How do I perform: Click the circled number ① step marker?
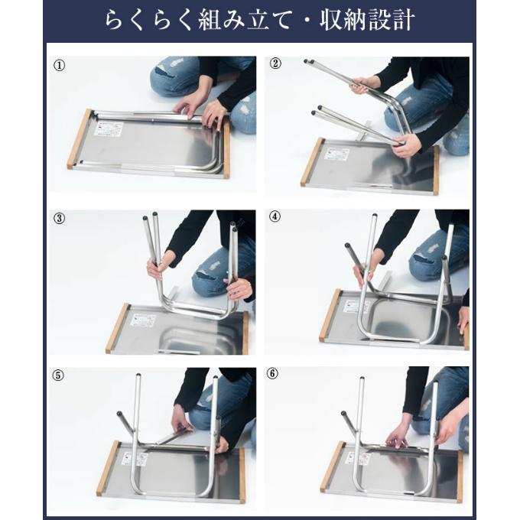pos(60,65)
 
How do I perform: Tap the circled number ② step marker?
pos(275,63)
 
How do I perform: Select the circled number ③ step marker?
pos(60,219)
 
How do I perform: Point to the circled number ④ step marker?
pos(275,216)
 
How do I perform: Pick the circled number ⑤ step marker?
pos(58,375)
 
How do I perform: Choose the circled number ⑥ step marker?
pos(272,373)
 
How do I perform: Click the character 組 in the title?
pos(210,21)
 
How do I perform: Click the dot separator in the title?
pos(306,21)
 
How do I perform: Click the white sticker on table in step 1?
pos(109,128)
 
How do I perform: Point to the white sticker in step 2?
pos(336,154)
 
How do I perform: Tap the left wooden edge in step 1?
pos(80,139)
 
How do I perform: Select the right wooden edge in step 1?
pos(227,150)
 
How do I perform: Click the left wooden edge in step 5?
pos(108,468)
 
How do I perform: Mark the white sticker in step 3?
pos(143,320)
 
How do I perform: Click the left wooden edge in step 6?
pos(332,466)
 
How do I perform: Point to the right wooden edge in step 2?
pos(437,171)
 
